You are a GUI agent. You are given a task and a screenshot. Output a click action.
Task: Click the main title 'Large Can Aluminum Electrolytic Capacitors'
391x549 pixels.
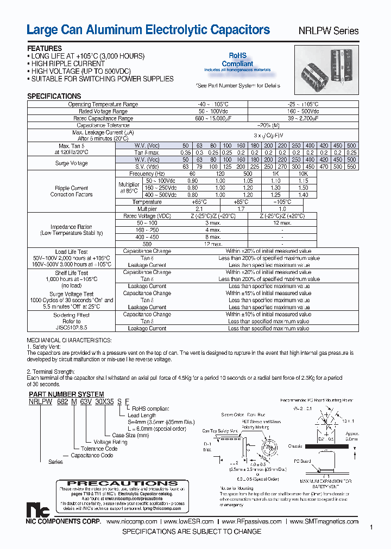tap(148, 30)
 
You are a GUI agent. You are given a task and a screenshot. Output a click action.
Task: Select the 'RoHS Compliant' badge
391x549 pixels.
tap(237, 60)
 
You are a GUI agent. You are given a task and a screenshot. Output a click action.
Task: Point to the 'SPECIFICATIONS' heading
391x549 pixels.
tap(54, 96)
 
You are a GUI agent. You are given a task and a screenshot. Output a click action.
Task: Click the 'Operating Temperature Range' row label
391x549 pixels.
tap(103, 104)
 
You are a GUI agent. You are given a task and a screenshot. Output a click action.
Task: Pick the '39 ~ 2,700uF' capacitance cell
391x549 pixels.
tap(302, 118)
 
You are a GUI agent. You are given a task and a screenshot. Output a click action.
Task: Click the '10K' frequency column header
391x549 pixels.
tap(303, 174)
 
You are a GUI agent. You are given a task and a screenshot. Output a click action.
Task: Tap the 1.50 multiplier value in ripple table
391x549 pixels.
tap(303, 187)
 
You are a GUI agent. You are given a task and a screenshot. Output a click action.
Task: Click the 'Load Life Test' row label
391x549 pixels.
tap(72, 252)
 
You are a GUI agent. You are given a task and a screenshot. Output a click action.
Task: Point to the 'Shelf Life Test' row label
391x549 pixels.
tap(72, 273)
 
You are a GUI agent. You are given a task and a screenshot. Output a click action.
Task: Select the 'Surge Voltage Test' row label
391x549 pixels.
tap(72, 293)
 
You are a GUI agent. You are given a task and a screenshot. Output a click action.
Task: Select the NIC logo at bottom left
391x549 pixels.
tap(37, 510)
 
